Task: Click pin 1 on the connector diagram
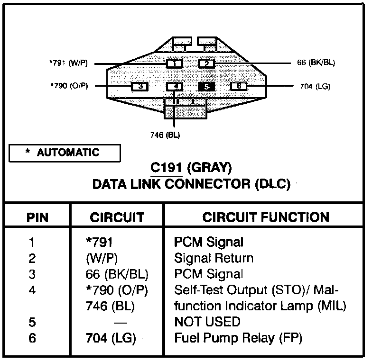coord(175,63)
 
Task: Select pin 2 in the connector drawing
coord(207,63)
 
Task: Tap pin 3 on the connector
coord(140,86)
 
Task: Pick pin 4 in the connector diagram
coord(175,86)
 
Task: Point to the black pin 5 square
coord(207,86)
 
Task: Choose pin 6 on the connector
coord(239,86)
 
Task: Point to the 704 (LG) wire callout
coord(315,86)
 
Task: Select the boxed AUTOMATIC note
coord(65,153)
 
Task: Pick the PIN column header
coord(37,217)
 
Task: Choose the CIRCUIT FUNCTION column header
coord(266,217)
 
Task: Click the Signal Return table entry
coord(214,258)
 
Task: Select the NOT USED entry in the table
coord(207,322)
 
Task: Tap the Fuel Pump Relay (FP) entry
coord(238,338)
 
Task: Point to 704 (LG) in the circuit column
coord(111,338)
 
